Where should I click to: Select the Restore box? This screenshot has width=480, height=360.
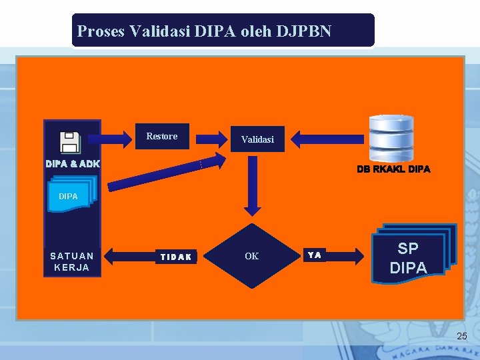point(162,136)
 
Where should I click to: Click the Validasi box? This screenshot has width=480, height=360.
point(257,139)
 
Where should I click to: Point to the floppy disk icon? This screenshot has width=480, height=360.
point(70,142)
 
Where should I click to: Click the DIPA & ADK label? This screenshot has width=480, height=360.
point(73,163)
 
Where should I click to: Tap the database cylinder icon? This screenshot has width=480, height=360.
point(391,139)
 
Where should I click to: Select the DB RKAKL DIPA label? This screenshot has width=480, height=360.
point(393,169)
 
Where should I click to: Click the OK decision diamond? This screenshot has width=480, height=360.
point(251,256)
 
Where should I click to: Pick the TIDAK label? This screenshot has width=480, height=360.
point(176,257)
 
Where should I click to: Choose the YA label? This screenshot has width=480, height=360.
point(315,255)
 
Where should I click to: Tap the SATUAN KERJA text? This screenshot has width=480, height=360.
point(72,261)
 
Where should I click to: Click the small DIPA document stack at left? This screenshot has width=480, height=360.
point(72,195)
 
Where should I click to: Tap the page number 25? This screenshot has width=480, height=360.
point(461,337)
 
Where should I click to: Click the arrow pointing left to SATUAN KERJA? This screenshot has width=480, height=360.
point(130,256)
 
